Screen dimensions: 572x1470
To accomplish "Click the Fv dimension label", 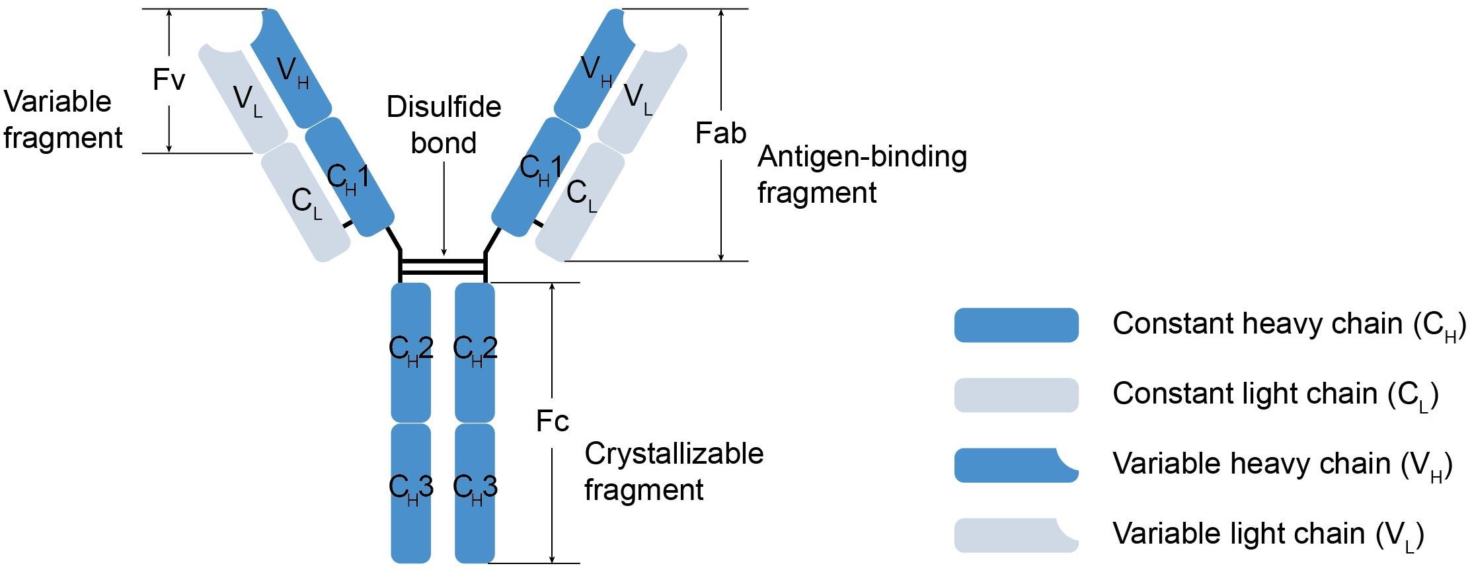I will pos(169,80).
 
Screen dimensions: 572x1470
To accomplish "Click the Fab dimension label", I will pos(720,133).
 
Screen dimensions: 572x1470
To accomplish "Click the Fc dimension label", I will pos(553,421).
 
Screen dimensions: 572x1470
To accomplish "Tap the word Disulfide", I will pos(444,107).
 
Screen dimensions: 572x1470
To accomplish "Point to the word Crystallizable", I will pos(674,454).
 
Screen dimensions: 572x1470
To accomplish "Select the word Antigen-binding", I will pos(862,157).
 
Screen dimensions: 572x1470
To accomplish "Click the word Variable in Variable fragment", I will pos(58,102).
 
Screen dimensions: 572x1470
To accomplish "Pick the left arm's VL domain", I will pos(245,96).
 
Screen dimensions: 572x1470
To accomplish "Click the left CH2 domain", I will pos(410,350).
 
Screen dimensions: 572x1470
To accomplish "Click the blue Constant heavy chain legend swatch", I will pos(1016,325).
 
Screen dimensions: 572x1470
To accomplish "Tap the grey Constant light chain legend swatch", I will pos(1016,395).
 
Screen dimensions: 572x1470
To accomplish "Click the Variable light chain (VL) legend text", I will pos(1268,534).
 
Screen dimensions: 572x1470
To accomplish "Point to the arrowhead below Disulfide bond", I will pos(444,252).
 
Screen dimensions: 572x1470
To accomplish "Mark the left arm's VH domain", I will pos(291,69).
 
